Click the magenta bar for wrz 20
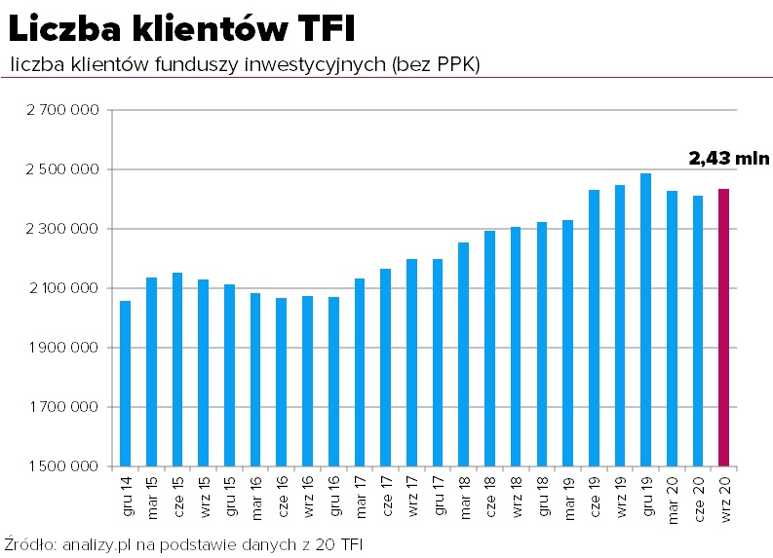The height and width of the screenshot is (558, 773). (x=724, y=327)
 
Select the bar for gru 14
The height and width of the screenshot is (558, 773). (x=125, y=384)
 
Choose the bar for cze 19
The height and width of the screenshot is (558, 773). (x=594, y=327)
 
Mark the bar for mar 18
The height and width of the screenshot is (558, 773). (x=464, y=354)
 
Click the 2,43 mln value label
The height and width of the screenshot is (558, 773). (x=729, y=158)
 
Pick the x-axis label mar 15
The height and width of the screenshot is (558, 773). (x=152, y=496)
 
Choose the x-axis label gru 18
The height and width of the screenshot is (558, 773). (x=542, y=496)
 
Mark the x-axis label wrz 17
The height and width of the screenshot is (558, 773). (x=412, y=496)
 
